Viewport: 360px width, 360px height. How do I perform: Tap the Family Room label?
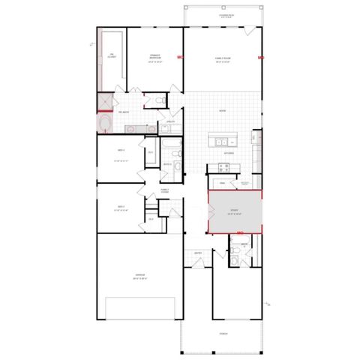(x=221, y=61)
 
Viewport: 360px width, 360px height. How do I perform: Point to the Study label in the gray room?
(x=235, y=211)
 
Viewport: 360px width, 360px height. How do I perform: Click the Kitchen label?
(x=230, y=153)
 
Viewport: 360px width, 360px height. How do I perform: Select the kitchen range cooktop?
(x=256, y=139)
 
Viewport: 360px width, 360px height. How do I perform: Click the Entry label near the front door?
(x=198, y=253)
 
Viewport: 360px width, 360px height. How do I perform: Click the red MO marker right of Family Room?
(x=261, y=58)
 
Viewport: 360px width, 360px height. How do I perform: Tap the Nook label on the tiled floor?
(x=222, y=111)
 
